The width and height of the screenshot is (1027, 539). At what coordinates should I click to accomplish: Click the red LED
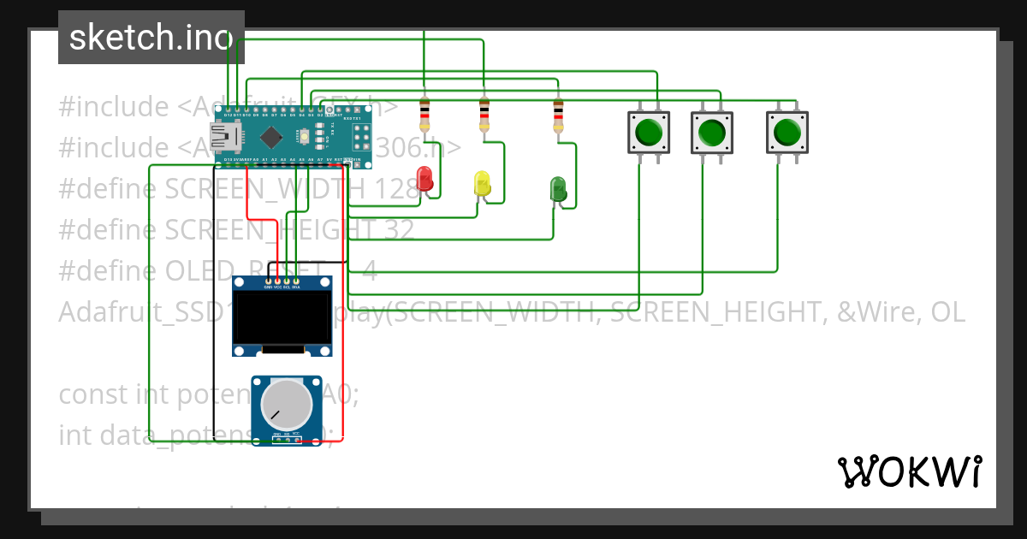(x=424, y=179)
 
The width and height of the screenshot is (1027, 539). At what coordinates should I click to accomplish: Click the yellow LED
(x=482, y=183)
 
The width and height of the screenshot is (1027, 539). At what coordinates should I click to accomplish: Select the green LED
(x=558, y=189)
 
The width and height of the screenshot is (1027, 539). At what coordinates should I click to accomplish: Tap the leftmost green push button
(x=648, y=133)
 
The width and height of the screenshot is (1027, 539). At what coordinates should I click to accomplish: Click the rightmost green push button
(x=787, y=133)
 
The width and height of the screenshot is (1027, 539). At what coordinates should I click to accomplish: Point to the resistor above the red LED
(x=424, y=114)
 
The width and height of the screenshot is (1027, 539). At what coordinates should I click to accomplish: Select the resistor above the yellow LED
(x=484, y=114)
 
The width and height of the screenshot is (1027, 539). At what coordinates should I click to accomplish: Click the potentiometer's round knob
(x=287, y=405)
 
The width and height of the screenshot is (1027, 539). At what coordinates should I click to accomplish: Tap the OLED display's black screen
(x=282, y=318)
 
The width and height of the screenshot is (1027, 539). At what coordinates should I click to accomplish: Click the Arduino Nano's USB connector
(x=225, y=135)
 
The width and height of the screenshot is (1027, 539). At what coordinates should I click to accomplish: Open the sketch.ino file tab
(x=151, y=38)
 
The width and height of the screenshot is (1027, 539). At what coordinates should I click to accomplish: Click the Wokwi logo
(x=909, y=471)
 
